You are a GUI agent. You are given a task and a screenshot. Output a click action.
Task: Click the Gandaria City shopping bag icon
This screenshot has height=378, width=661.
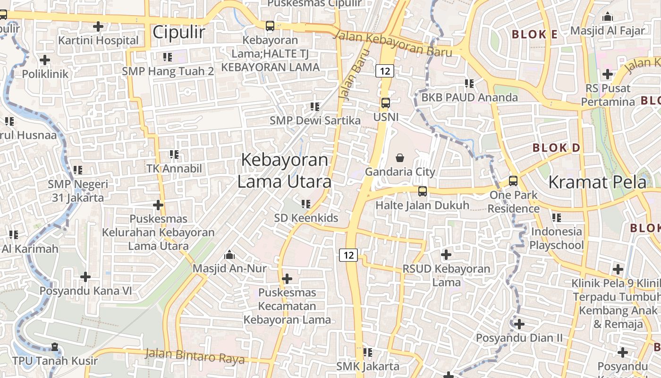[x=400, y=157]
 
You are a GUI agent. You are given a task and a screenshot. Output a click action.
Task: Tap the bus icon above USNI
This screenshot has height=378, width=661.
[x=386, y=103]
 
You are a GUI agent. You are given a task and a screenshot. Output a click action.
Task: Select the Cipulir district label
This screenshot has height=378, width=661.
[x=179, y=32]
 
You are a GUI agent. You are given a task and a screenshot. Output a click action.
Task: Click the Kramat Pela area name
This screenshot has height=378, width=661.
[x=597, y=182]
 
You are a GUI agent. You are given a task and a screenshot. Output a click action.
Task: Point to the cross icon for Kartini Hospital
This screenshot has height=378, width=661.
[x=98, y=26]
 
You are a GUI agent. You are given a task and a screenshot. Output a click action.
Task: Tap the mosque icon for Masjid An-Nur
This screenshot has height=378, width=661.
[x=229, y=255]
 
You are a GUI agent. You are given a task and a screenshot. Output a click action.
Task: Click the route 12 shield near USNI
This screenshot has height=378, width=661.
[x=385, y=71]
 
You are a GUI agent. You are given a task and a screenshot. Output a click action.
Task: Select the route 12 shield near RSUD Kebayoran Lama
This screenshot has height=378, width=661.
[x=348, y=255]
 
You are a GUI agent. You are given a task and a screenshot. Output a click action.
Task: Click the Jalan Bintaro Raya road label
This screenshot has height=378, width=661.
[x=195, y=356]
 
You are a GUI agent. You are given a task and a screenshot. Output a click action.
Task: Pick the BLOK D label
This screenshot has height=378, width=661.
[x=556, y=148]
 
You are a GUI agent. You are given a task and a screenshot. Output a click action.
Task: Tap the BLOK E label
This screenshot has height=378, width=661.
[x=535, y=34]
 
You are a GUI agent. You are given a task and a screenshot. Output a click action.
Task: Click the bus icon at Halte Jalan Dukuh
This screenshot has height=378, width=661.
[x=423, y=191]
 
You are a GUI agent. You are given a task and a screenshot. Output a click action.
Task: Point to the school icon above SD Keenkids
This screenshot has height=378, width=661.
[x=306, y=204]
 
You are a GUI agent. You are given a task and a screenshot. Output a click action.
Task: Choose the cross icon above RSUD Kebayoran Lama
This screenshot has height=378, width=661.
[x=446, y=255]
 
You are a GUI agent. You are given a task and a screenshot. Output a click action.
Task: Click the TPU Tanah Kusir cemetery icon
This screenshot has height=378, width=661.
[x=55, y=347]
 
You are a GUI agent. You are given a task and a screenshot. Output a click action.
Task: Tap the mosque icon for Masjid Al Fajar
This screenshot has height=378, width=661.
[x=607, y=17]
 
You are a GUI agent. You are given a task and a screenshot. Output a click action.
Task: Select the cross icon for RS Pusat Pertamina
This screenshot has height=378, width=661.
[x=608, y=74]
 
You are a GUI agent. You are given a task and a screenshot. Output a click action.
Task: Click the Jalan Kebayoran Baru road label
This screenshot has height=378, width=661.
[x=393, y=44]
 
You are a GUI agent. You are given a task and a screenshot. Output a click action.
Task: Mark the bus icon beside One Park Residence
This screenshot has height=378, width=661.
[x=513, y=181]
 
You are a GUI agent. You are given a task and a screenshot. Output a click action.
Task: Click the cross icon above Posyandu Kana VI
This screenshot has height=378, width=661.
[x=85, y=277]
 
